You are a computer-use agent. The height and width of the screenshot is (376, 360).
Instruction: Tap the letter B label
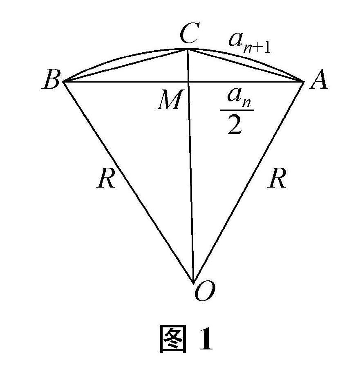[x=51, y=81]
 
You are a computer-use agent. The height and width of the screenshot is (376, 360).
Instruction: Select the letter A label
[x=318, y=81]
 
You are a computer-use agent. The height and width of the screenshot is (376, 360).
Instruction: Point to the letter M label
[x=169, y=101]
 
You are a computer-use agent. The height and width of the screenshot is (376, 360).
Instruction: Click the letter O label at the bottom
[x=204, y=292]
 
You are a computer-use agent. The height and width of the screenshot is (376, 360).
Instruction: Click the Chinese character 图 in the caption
[x=173, y=339]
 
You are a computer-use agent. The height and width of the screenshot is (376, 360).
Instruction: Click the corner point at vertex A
[x=304, y=82]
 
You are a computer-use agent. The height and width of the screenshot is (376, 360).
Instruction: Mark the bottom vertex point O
[x=193, y=282]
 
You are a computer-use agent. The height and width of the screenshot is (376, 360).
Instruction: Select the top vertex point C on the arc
[x=188, y=49]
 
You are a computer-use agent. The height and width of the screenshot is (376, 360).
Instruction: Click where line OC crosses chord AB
[x=188, y=82]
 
